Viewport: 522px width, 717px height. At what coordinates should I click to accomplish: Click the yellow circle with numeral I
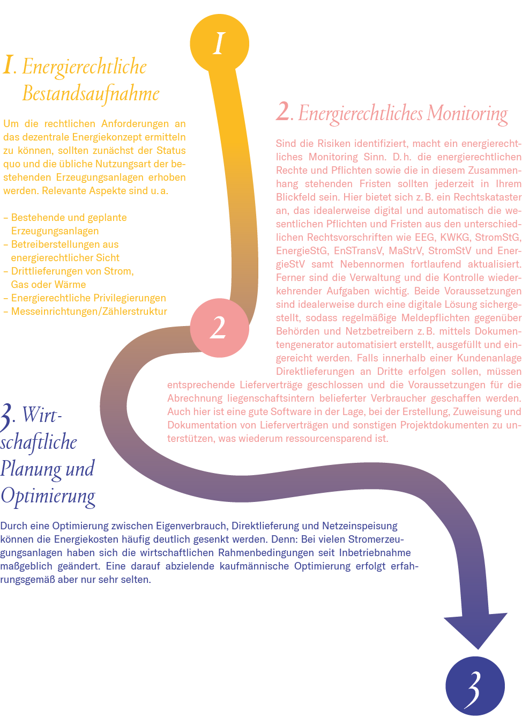coord(219,43)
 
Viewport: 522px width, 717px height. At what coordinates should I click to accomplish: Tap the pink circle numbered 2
coord(219,328)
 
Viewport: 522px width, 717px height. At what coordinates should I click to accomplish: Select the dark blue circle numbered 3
coord(475,686)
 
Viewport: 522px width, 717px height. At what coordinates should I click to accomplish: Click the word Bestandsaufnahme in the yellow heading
coord(91,94)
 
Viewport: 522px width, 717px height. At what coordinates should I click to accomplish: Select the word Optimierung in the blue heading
coord(48,496)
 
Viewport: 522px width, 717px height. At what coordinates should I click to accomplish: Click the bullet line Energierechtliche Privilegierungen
coord(88,298)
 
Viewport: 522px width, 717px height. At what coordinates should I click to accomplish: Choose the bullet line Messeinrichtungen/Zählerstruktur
coord(89,311)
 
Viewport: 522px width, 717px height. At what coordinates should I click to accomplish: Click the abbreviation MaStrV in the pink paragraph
coord(405,250)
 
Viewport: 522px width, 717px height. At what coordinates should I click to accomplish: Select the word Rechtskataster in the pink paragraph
coord(487,197)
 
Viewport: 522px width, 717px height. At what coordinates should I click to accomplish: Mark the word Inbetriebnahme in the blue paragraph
coord(375,552)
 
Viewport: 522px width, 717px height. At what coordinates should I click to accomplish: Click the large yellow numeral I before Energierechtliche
coord(8,66)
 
